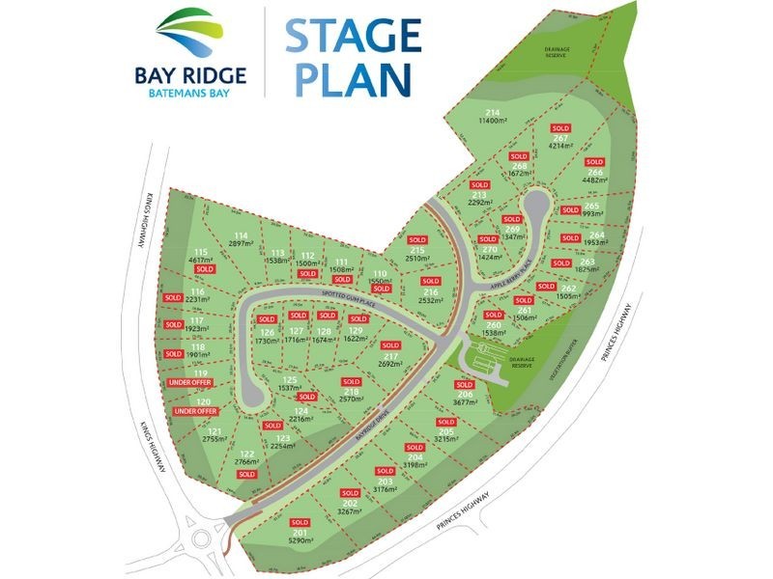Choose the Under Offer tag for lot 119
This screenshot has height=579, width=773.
point(188,383)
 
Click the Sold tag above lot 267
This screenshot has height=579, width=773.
point(559,128)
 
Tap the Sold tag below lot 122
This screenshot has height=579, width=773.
point(246,474)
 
